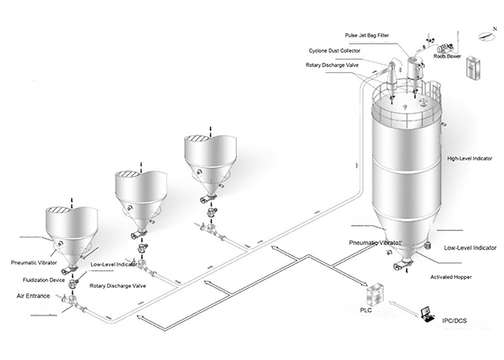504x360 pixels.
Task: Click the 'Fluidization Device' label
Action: click(36, 279)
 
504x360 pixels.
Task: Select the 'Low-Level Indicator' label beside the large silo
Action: click(470, 248)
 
